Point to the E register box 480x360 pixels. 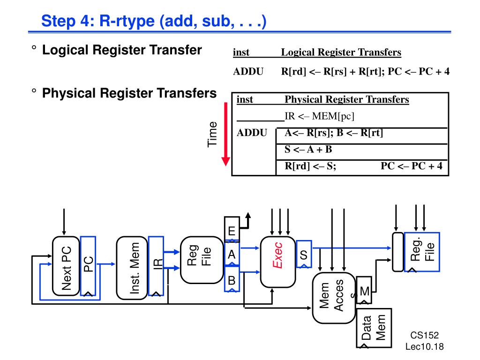click(232, 231)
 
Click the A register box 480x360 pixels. click(232, 255)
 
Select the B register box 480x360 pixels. click(232, 280)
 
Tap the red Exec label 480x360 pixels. click(278, 255)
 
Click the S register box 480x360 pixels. click(303, 255)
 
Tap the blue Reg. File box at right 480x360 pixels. click(422, 251)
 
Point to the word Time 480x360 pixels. click(213, 134)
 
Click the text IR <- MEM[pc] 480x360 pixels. click(320, 116)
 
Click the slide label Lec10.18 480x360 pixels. click(424, 346)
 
